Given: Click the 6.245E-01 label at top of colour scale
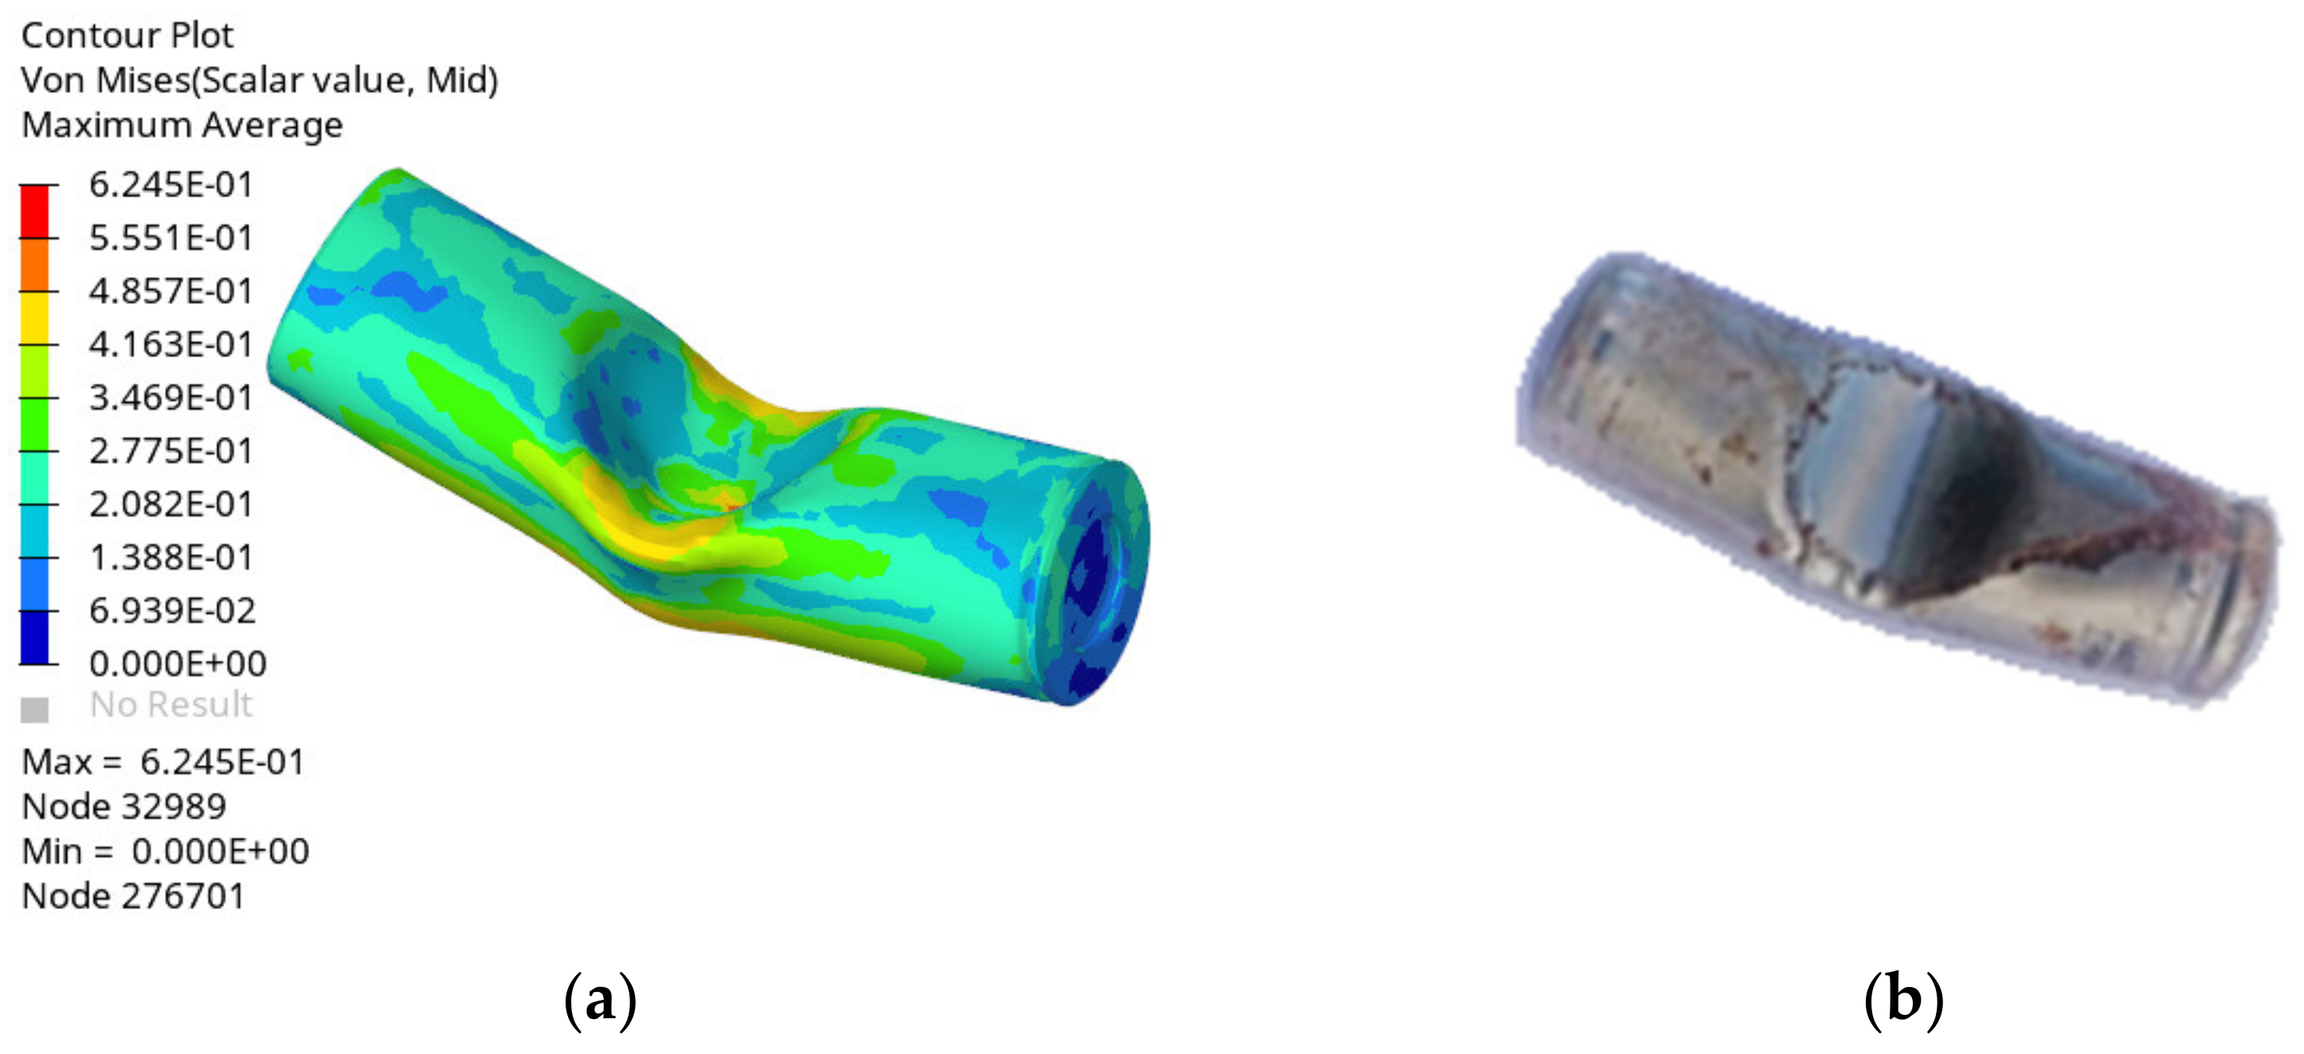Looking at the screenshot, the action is [170, 184].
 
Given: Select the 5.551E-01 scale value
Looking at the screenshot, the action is [170, 238].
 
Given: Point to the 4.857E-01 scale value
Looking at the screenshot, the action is [170, 291].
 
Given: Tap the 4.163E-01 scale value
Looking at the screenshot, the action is [170, 344].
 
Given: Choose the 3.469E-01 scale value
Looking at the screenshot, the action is [170, 397].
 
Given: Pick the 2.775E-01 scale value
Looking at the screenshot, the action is [170, 451].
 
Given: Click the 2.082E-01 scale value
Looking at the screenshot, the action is [170, 503].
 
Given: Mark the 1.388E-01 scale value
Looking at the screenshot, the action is [170, 557].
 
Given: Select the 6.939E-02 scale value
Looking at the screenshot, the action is [173, 611].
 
